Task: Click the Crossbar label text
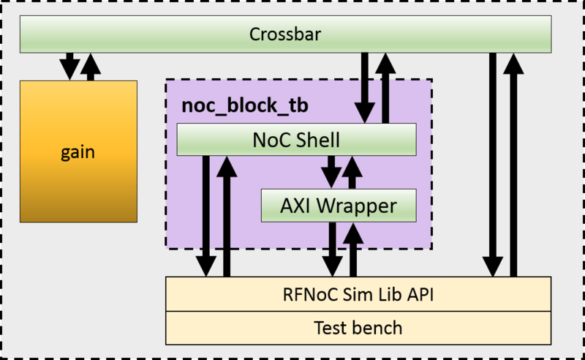tap(285, 34)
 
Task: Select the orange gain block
tap(78, 151)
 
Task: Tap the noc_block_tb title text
tap(244, 105)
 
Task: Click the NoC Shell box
tap(296, 138)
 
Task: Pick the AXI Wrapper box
tap(339, 206)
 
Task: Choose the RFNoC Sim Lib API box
tap(358, 294)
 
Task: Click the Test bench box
tap(358, 327)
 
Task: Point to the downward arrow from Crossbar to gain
tap(69, 66)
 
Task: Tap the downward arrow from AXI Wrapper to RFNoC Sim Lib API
tap(333, 249)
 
